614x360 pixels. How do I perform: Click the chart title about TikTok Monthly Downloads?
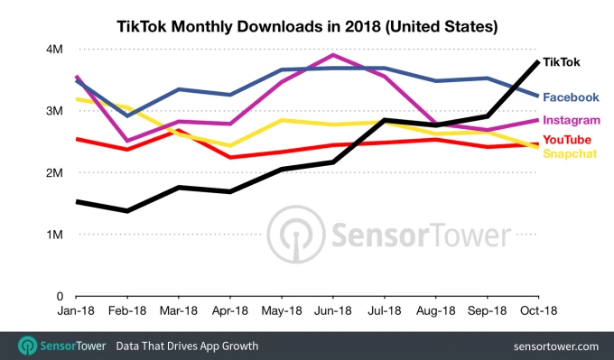coord(307,27)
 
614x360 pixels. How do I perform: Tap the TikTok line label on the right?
coord(561,62)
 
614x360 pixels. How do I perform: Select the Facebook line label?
coord(570,97)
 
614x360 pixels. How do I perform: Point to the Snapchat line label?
coord(569,152)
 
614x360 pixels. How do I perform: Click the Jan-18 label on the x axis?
coord(77,309)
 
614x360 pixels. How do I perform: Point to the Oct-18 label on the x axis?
coord(539,309)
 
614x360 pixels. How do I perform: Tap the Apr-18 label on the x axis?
coord(231,309)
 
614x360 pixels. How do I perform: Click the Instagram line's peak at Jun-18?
coord(334,55)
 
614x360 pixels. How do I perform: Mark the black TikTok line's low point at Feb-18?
coord(127,211)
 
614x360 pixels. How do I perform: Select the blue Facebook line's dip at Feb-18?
coord(127,115)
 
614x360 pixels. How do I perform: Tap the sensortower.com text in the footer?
coord(555,346)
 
